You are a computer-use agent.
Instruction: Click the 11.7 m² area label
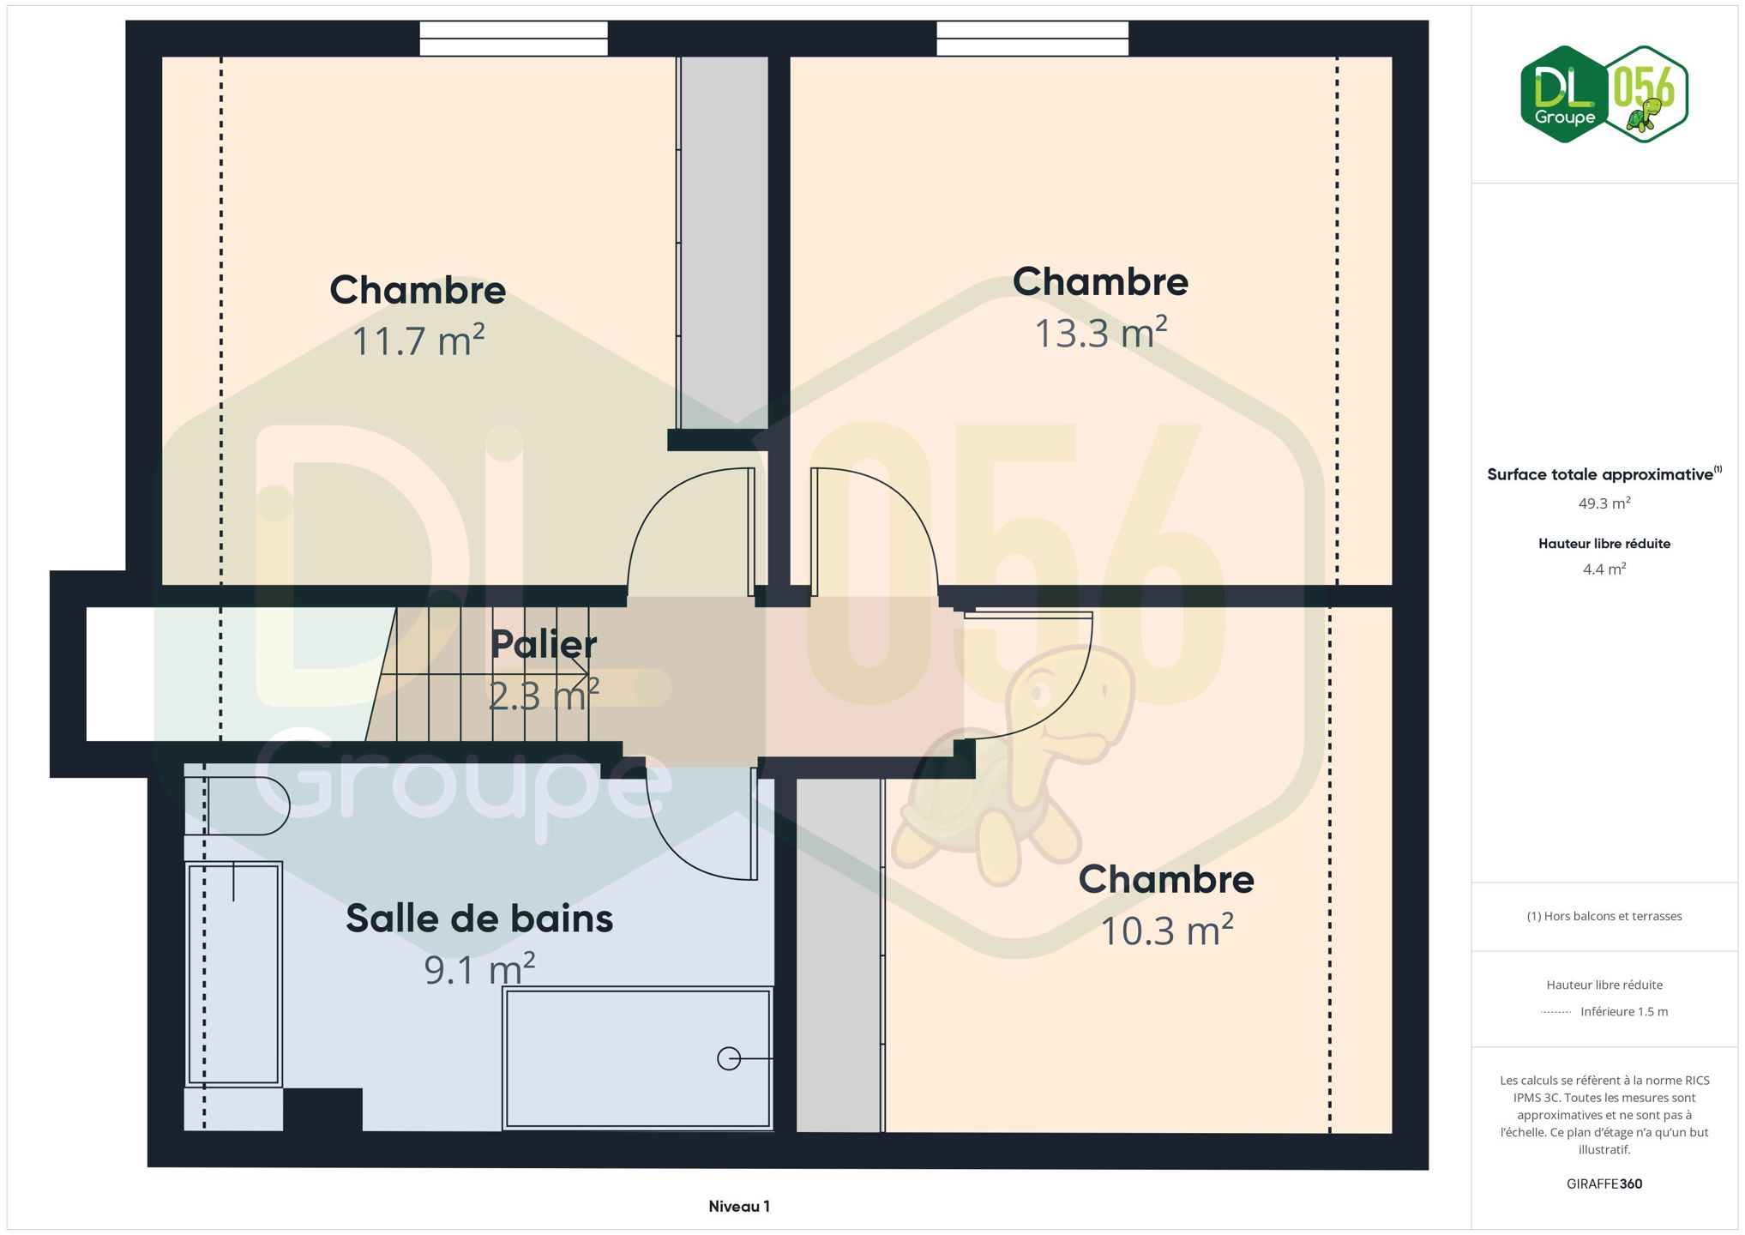pyautogui.click(x=418, y=340)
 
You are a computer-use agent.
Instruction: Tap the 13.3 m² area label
pyautogui.click(x=1101, y=333)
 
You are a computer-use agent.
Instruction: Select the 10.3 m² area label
pyautogui.click(x=1167, y=931)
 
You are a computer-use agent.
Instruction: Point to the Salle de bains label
pyautogui.click(x=479, y=919)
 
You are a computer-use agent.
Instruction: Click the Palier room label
pyautogui.click(x=544, y=644)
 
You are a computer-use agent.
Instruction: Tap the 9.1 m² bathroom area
pyautogui.click(x=479, y=969)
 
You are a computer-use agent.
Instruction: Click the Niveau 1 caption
pyautogui.click(x=739, y=1206)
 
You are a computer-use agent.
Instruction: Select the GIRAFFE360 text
pyautogui.click(x=1604, y=1184)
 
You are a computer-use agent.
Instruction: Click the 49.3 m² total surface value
pyautogui.click(x=1604, y=503)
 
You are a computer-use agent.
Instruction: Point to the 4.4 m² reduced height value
pyautogui.click(x=1604, y=569)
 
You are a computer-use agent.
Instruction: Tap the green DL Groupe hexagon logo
pyautogui.click(x=1564, y=94)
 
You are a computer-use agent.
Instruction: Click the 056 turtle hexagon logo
pyautogui.click(x=1646, y=94)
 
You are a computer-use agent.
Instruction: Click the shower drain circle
pyautogui.click(x=729, y=1059)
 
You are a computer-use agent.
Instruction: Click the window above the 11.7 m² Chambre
pyautogui.click(x=514, y=39)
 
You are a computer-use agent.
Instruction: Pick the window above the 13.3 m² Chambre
pyautogui.click(x=1032, y=39)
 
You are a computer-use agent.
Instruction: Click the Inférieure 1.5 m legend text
pyautogui.click(x=1624, y=1011)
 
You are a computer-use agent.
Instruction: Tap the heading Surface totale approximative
pyautogui.click(x=1600, y=474)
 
